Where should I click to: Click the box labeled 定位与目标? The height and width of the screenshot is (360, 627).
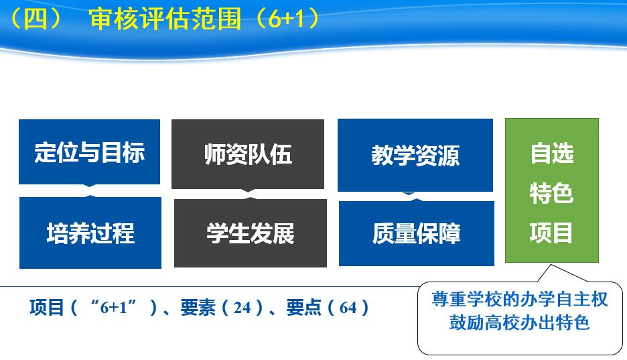pos(89,152)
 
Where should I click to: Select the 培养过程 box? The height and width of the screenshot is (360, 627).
pos(90,233)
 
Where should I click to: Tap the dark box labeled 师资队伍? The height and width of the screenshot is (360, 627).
pos(248,154)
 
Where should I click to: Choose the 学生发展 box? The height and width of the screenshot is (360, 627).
pos(251,233)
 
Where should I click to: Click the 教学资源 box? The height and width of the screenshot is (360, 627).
pos(415,156)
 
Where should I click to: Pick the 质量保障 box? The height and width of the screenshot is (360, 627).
pos(416,233)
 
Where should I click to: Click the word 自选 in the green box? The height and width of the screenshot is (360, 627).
pos(552,154)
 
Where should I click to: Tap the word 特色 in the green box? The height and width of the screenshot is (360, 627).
pos(552,193)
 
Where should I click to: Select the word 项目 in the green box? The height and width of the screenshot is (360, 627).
pos(552,233)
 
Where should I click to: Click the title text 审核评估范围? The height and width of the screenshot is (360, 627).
pos(165,19)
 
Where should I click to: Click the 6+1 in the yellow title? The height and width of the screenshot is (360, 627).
pos(286,19)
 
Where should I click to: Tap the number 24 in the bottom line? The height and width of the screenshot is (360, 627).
pos(242,308)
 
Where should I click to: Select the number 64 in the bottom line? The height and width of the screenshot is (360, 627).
pos(348,308)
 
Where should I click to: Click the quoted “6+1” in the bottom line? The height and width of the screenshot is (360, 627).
pos(113,307)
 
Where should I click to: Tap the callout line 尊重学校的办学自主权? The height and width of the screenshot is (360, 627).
pos(519,299)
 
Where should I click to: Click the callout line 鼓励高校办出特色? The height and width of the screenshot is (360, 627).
pos(519,322)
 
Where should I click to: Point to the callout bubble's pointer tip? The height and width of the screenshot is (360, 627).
pos(551,264)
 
